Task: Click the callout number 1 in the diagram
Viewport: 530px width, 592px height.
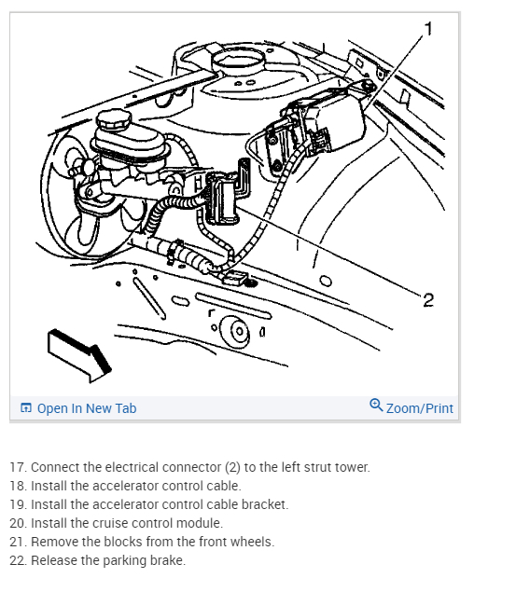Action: tap(428, 29)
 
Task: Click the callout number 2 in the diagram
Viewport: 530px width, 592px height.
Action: tap(428, 300)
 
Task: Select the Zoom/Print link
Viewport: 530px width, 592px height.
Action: tap(419, 408)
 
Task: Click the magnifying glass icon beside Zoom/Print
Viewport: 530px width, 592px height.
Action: tap(376, 405)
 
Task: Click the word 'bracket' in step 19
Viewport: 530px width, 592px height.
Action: tap(264, 504)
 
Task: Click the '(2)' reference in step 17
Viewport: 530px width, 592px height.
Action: tap(232, 467)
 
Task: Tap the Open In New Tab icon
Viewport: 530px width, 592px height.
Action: tap(26, 407)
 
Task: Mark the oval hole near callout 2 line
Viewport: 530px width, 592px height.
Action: tap(326, 282)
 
